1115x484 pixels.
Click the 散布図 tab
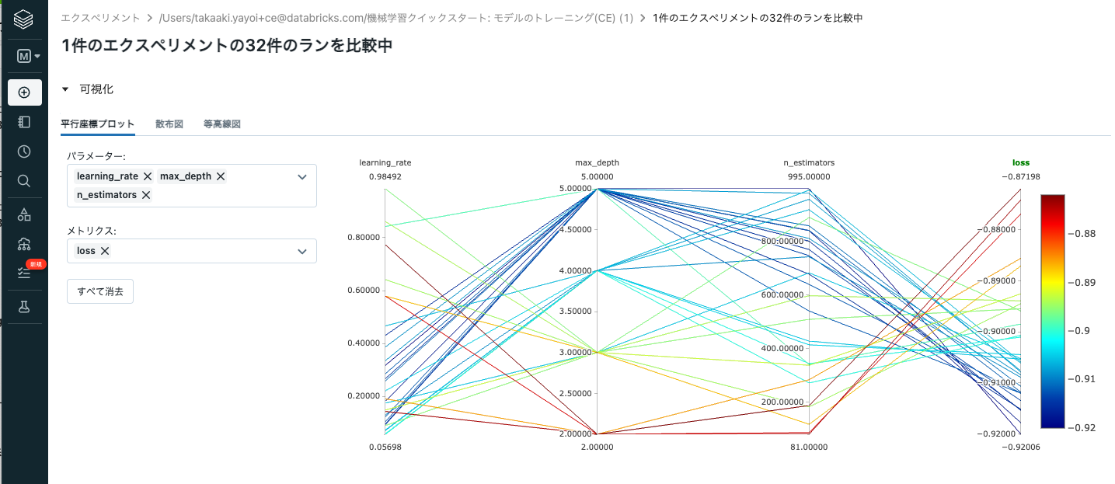coord(169,124)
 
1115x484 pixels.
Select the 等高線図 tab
coord(221,124)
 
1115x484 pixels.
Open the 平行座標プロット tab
coord(97,124)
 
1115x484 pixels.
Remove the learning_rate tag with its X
coord(147,176)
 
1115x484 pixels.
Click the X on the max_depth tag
coord(221,176)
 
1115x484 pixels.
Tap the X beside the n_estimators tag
coord(145,195)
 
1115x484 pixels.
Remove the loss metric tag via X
coord(105,251)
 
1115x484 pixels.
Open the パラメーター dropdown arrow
coord(302,177)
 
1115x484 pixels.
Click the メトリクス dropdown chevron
coord(302,251)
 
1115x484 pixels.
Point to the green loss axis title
coord(1020,163)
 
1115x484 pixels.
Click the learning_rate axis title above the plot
coord(385,163)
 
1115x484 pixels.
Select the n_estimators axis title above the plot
coord(809,163)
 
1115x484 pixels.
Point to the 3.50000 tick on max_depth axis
coord(573,311)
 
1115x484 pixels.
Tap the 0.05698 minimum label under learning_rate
coord(385,447)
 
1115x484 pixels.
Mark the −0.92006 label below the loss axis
coord(1020,447)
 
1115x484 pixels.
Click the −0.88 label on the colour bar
coord(1084,233)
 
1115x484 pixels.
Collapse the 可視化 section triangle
coord(66,89)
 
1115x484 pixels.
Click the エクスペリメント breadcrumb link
coord(101,17)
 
